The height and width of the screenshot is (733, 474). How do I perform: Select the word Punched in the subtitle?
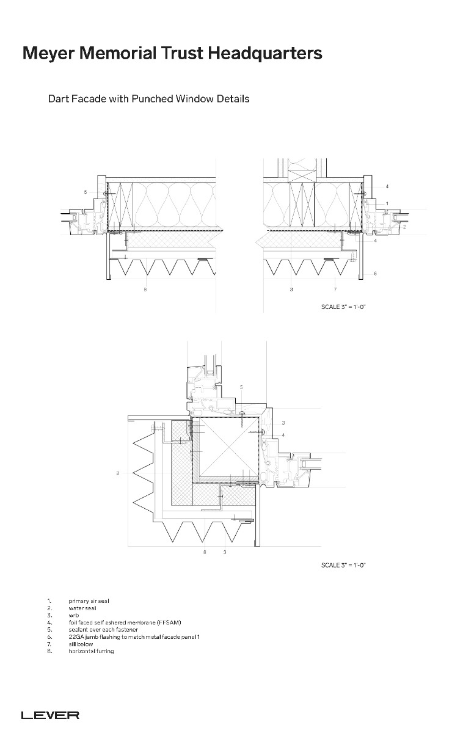(152, 98)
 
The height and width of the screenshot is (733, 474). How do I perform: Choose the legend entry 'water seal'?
(82, 608)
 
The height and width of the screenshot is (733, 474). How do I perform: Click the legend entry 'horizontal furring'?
(91, 651)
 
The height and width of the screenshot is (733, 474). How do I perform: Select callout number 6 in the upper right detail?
(374, 273)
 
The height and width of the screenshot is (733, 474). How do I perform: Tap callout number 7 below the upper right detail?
(335, 289)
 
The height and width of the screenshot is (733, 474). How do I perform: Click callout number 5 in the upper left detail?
(85, 192)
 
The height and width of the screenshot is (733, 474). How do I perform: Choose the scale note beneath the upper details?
(343, 306)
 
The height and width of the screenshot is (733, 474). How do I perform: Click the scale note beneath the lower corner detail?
(343, 565)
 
